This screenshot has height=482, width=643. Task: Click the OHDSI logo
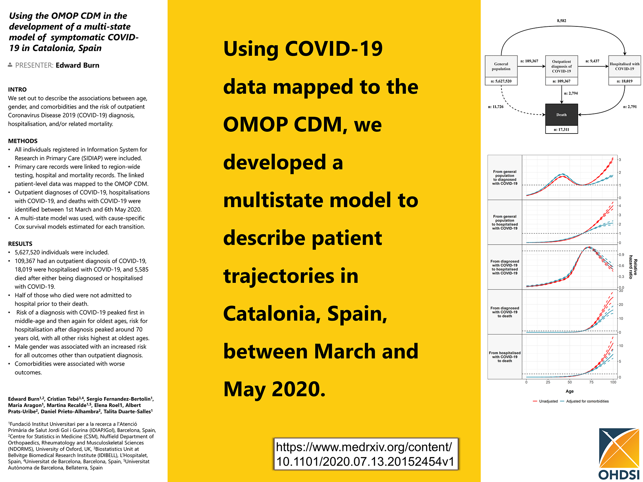click(x=619, y=453)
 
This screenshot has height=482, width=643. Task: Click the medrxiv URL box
click(x=365, y=454)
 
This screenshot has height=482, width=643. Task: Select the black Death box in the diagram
click(x=562, y=115)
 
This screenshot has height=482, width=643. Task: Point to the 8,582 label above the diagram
click(x=562, y=21)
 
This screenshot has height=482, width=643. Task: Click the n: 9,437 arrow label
click(x=592, y=61)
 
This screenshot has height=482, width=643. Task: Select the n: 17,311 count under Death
click(x=562, y=130)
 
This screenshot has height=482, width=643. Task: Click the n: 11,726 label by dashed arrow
click(x=496, y=107)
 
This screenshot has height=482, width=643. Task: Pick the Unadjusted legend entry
click(x=545, y=401)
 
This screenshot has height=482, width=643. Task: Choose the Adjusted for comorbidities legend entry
click(x=585, y=401)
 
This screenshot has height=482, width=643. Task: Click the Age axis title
click(x=570, y=391)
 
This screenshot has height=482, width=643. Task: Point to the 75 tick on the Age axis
click(x=592, y=382)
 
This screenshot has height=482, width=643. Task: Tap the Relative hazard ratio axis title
click(x=633, y=267)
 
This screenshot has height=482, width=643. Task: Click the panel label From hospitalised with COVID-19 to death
click(x=505, y=357)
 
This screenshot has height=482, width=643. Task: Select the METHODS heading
click(x=23, y=141)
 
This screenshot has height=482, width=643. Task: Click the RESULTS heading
click(x=20, y=244)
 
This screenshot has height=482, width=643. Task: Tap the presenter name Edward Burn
click(x=78, y=65)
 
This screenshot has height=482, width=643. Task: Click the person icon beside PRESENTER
click(x=10, y=65)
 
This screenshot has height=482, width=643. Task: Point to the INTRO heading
click(x=18, y=90)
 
